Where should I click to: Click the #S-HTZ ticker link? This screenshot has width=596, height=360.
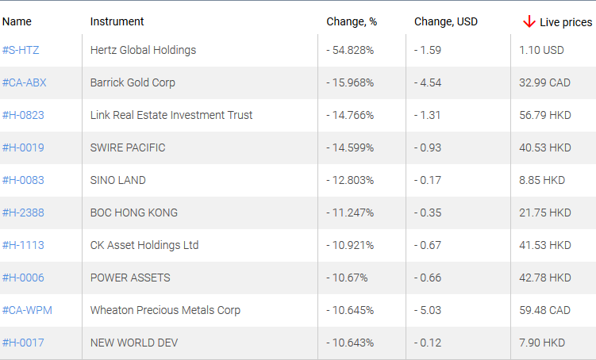[x=21, y=50]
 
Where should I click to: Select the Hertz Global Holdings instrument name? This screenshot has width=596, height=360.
[x=143, y=50]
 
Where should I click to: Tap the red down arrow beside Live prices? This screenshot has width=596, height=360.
[x=529, y=21]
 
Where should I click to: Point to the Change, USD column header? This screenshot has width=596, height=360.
[x=445, y=21]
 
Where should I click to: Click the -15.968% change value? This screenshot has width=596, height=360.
[x=350, y=82]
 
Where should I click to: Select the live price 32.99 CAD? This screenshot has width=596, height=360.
[x=544, y=82]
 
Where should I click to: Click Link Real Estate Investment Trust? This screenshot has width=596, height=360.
[x=171, y=115]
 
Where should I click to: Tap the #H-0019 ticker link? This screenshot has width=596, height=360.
[x=23, y=147]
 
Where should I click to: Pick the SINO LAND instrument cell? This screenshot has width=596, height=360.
[x=118, y=180]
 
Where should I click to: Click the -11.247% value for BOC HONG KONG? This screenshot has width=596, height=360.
[x=350, y=213]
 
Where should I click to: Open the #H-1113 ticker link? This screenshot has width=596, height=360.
[x=23, y=245]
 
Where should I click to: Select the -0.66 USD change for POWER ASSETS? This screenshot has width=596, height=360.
[x=428, y=278]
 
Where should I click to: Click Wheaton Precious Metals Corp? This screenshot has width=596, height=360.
[x=165, y=310]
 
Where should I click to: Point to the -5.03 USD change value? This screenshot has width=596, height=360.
[x=428, y=310]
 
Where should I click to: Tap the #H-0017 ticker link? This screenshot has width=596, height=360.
[x=23, y=343]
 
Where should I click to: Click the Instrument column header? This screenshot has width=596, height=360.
[x=117, y=21]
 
